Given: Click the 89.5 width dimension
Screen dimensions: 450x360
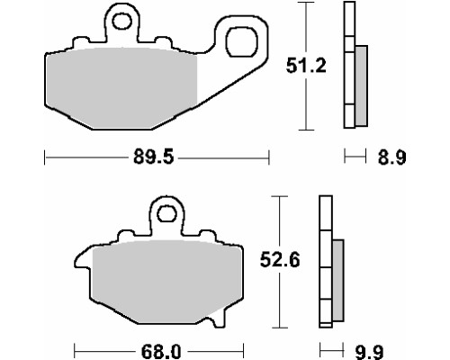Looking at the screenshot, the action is (153, 157).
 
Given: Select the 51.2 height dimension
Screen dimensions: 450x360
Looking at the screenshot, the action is (306, 66).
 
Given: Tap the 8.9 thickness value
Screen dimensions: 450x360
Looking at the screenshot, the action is (391, 157).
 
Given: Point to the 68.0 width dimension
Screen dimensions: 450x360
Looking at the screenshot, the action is (161, 351).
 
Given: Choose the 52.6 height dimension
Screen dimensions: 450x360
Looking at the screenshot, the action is (280, 260).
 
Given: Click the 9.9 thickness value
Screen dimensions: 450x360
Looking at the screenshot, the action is (369, 352).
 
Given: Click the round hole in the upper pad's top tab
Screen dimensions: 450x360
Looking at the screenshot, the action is (121, 22).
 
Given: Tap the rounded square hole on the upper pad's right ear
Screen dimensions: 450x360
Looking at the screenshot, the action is (241, 41).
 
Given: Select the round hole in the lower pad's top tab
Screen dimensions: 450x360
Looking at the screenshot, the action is (166, 213).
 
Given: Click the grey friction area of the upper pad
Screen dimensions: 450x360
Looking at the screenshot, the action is (121, 88).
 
